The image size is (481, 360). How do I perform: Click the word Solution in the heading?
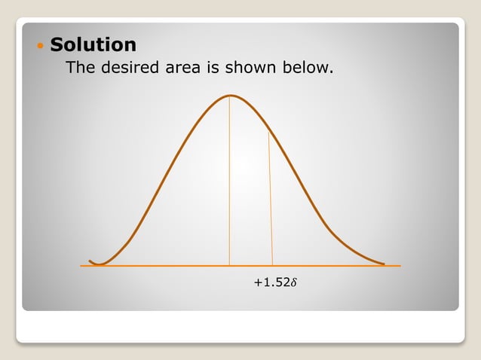click(x=93, y=44)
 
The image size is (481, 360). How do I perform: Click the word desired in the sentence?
click(x=133, y=69)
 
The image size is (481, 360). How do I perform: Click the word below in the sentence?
click(x=308, y=69)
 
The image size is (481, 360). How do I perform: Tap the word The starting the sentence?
click(x=81, y=69)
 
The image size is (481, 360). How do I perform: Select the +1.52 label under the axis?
click(x=271, y=283)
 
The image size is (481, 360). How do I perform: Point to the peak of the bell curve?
click(x=231, y=95)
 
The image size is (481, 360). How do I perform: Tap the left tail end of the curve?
click(x=90, y=261)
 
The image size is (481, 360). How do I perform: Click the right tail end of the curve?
click(x=384, y=264)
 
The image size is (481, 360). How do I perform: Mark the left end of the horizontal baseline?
click(x=81, y=266)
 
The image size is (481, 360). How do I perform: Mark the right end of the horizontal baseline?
click(x=400, y=266)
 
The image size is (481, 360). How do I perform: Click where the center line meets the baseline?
click(x=229, y=266)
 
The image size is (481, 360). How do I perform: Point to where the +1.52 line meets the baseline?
click(x=272, y=266)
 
